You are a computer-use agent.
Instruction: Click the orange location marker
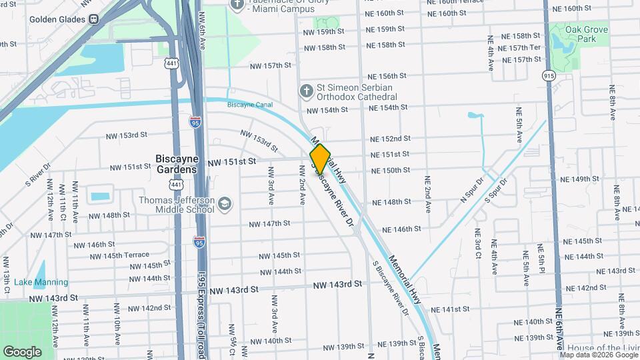click(320, 159)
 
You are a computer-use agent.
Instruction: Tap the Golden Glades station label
click(57, 19)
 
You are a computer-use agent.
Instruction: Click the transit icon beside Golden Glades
click(94, 19)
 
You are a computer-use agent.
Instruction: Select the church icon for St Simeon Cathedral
click(306, 89)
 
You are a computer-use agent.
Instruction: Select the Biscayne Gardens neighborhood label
click(176, 163)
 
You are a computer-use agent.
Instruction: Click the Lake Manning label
click(41, 282)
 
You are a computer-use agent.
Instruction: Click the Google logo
click(22, 351)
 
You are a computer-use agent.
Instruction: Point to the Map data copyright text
click(598, 355)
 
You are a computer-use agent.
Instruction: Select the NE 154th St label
click(388, 107)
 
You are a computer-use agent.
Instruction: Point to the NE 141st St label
click(451, 310)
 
